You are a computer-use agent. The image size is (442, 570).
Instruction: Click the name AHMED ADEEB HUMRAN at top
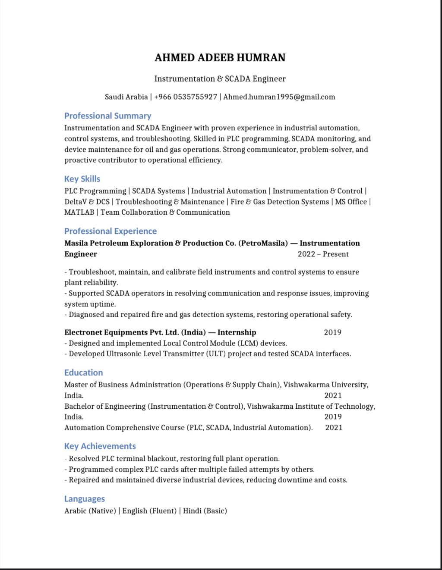(x=220, y=58)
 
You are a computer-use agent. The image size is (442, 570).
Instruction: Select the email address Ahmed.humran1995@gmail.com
(x=279, y=97)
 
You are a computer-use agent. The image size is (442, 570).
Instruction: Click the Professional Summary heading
(x=107, y=116)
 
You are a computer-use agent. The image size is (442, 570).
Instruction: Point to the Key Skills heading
(x=82, y=179)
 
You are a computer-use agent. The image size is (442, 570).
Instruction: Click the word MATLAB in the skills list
(x=79, y=213)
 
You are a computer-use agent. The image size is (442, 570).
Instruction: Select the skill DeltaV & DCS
(x=87, y=202)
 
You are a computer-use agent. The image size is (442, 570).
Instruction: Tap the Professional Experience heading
(x=110, y=231)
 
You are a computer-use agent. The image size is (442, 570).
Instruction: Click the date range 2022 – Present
(x=323, y=254)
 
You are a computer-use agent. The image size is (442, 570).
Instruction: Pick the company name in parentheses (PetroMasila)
(x=263, y=243)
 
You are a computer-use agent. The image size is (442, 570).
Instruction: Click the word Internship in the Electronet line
(x=237, y=332)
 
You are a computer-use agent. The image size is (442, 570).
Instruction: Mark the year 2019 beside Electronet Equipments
(x=332, y=332)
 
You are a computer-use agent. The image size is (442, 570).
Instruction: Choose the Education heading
(x=83, y=373)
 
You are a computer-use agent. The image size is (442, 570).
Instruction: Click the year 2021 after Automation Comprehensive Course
(x=334, y=428)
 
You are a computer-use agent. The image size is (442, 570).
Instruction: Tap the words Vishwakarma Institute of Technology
(x=310, y=406)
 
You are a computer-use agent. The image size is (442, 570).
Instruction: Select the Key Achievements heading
(x=100, y=446)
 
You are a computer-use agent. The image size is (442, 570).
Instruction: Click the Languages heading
(x=84, y=499)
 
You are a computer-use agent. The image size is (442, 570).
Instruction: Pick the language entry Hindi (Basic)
(x=205, y=511)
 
